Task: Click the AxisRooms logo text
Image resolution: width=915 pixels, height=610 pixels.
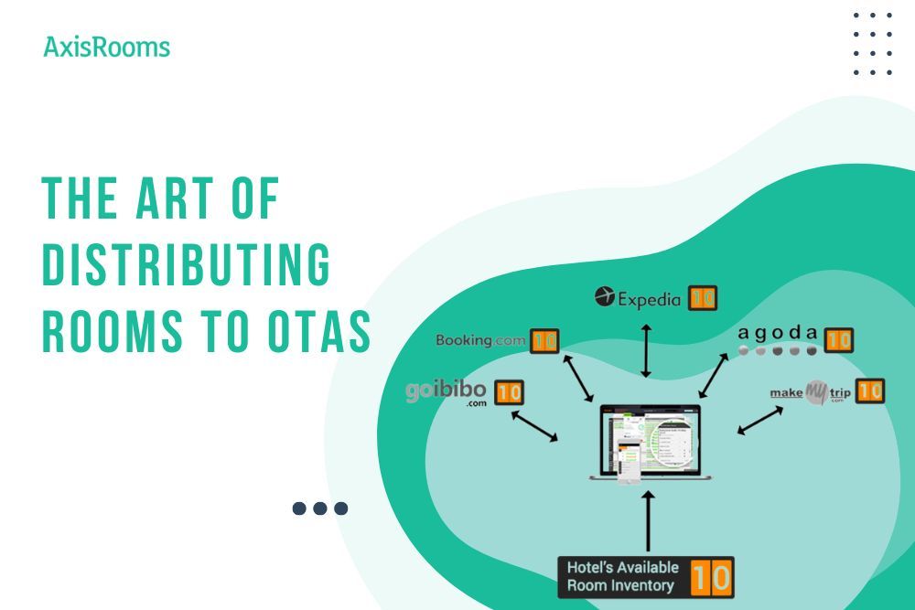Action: [x=107, y=47]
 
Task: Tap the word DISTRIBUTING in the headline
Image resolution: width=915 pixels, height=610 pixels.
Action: [x=187, y=266]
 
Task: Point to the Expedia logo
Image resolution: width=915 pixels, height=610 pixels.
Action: [x=638, y=298]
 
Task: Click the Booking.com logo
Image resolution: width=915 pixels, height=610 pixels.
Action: [x=480, y=341]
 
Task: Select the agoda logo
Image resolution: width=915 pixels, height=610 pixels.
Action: [x=778, y=340]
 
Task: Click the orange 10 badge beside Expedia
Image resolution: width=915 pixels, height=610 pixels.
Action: [x=703, y=298]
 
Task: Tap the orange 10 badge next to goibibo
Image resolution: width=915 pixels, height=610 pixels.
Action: [x=509, y=393]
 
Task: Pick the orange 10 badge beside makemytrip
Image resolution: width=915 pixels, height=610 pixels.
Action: [x=870, y=391]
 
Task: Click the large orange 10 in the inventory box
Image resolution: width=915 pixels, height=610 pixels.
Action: [x=711, y=578]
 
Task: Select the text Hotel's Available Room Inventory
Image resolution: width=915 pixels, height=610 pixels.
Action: [x=622, y=577]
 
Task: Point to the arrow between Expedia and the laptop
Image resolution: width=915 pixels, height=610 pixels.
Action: [x=646, y=349]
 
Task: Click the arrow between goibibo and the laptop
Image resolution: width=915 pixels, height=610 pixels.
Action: [x=533, y=426]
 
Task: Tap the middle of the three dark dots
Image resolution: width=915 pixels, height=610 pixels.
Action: [x=320, y=508]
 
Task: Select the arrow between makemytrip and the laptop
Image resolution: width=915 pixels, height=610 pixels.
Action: [x=759, y=421]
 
